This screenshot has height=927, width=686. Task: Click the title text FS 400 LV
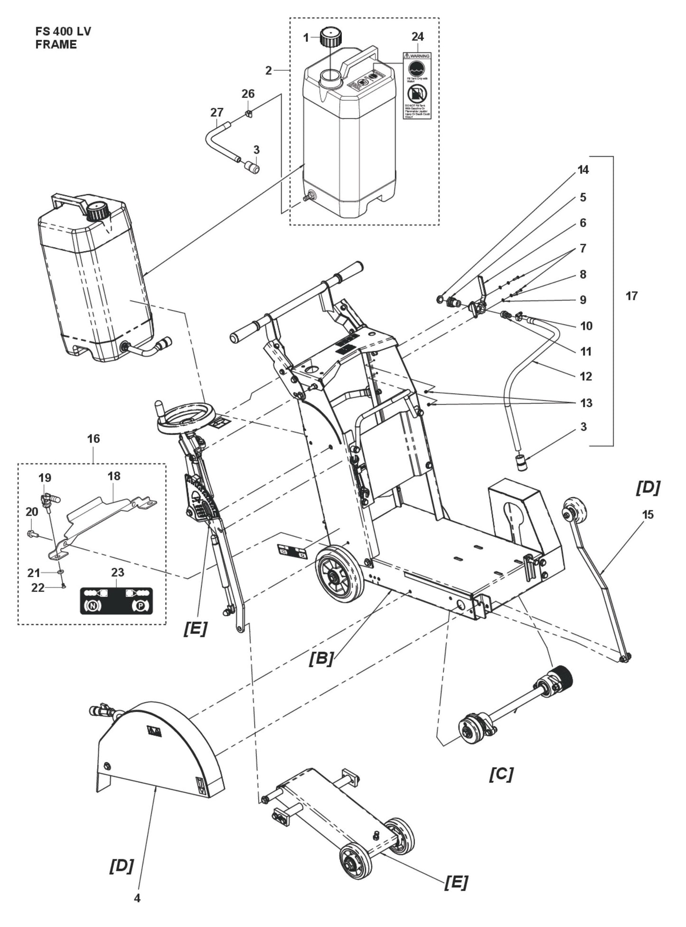[63, 32]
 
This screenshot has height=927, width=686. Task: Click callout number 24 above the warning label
[418, 37]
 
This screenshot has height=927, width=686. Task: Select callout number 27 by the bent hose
[216, 112]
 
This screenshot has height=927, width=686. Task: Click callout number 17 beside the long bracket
[631, 296]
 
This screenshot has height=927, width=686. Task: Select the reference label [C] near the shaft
[501, 774]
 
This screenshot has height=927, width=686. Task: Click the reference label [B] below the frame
[321, 659]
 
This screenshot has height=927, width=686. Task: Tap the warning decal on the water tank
[417, 85]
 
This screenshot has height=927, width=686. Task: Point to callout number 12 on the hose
[586, 376]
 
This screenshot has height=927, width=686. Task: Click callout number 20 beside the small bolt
[32, 512]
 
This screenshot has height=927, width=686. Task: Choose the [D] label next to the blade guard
[122, 865]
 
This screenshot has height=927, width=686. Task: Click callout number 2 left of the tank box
[269, 71]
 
